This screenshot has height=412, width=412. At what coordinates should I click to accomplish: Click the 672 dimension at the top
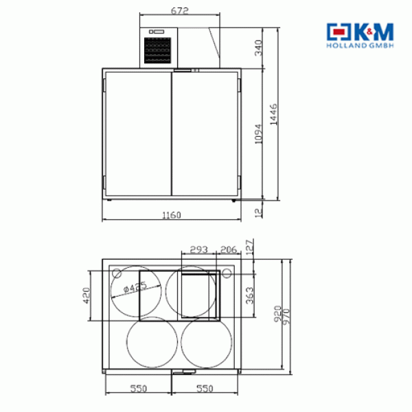click(180, 11)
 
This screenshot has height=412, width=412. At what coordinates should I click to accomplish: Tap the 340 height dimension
click(259, 48)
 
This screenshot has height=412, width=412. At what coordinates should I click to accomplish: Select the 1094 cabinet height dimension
click(259, 134)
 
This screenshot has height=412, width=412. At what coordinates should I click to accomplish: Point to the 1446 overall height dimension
click(273, 114)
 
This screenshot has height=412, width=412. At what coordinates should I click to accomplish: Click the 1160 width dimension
click(172, 215)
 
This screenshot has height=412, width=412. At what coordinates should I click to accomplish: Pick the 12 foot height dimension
click(259, 213)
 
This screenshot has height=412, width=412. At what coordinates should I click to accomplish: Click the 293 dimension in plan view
click(199, 249)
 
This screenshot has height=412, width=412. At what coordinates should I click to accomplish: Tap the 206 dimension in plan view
click(229, 249)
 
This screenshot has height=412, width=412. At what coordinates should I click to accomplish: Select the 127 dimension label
click(250, 247)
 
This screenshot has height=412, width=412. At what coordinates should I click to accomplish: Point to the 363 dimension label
click(250, 295)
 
